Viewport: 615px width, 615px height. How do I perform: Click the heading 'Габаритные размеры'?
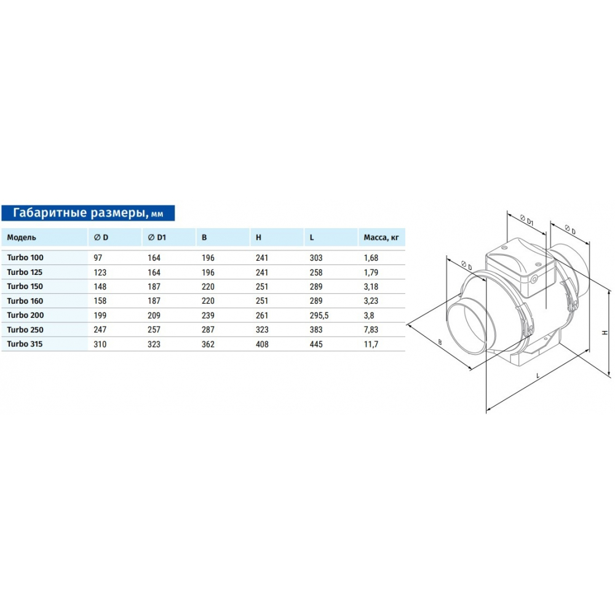pos(77,213)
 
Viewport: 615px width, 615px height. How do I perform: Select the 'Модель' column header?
pos(22,237)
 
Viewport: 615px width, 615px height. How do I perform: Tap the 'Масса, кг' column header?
pos(381,237)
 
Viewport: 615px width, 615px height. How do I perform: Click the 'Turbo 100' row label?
pos(25,258)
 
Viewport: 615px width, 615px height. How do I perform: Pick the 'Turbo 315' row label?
pos(25,344)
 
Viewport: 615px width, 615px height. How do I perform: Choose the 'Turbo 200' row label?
pos(25,315)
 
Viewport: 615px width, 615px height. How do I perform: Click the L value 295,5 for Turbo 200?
pos(319,315)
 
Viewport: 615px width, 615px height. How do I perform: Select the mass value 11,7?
pos(371,344)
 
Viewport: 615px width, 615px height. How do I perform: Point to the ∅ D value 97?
pos(98,258)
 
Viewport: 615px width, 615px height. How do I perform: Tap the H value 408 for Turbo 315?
pos(262,344)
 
